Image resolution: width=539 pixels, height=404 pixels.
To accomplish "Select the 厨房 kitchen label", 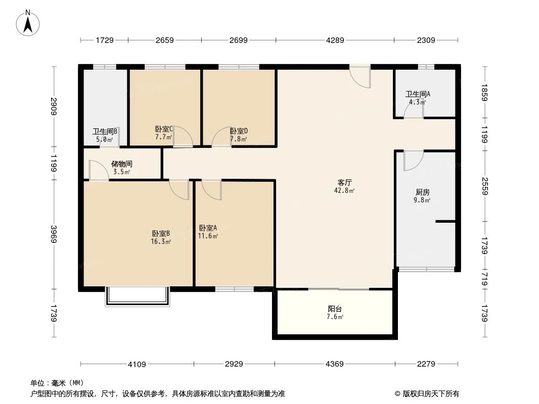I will click(x=423, y=192).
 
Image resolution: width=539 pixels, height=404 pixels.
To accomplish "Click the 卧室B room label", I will click(x=161, y=233).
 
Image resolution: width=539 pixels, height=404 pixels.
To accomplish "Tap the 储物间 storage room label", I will click(x=121, y=164).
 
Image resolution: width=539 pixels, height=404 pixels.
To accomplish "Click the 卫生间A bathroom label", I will click(x=418, y=94).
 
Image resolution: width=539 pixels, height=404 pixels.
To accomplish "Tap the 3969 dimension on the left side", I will click(x=54, y=234).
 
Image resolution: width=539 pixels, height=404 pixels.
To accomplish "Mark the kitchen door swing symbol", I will click(x=412, y=161).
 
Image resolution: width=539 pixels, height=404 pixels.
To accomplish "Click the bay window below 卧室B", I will click(x=138, y=297).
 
